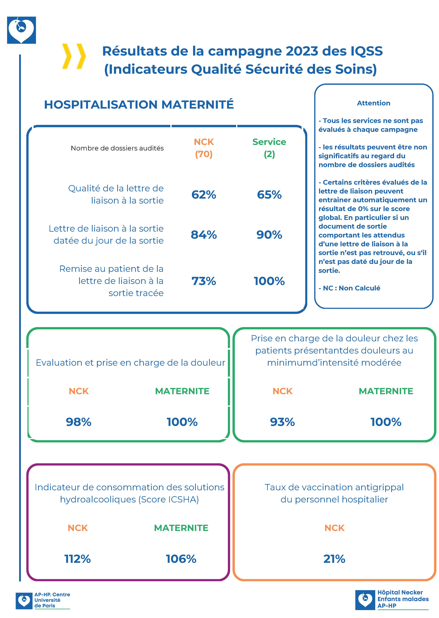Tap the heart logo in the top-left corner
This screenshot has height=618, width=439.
tap(21, 30)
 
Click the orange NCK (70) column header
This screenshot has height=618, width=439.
tap(204, 148)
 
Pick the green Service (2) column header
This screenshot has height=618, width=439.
tap(269, 148)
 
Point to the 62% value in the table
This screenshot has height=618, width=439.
tap(204, 195)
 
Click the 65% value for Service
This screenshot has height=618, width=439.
tap(269, 195)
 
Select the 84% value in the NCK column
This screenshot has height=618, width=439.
tap(204, 235)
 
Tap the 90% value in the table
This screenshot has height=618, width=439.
tap(269, 235)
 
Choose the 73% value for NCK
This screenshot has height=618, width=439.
tap(204, 281)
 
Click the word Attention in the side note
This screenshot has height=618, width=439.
tap(374, 103)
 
